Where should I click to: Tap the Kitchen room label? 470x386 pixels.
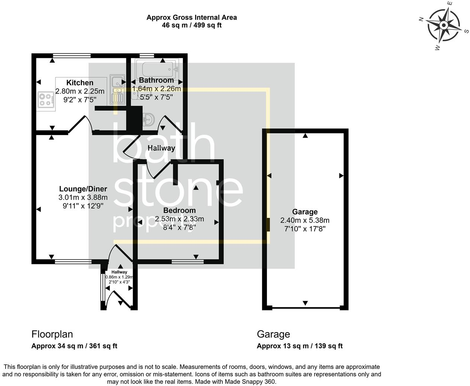tap(80, 83)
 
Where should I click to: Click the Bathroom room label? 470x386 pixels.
tap(156, 80)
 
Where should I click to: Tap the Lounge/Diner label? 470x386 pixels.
tap(83, 189)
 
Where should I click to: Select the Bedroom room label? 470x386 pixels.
tap(179, 210)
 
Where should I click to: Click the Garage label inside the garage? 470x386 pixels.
tap(305, 212)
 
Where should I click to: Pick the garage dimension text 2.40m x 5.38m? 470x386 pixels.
tap(305, 220)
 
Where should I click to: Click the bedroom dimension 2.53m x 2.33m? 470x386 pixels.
tap(179, 219)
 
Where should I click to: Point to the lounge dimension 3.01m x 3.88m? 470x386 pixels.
tap(83, 197)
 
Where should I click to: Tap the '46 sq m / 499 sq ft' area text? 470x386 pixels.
tap(191, 25)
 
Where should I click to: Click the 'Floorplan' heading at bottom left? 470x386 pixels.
tap(52, 334)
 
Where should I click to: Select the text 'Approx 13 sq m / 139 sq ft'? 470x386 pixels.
tap(299, 346)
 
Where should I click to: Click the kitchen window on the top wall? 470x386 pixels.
tap(72, 56)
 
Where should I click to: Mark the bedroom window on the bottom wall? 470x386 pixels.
tap(187, 262)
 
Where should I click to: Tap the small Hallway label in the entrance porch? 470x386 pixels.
tap(119, 272)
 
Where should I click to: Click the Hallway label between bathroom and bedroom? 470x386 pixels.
tap(161, 148)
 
